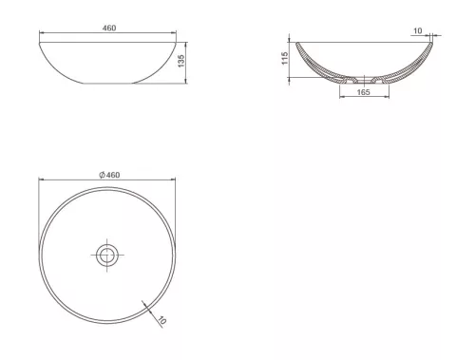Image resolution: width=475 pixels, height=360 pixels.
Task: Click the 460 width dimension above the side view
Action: (x=108, y=28)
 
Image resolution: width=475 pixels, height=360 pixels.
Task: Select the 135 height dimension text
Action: (x=180, y=62)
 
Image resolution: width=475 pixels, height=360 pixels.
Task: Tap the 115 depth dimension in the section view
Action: (x=284, y=59)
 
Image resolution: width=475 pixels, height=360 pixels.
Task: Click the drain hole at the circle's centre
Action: (x=107, y=253)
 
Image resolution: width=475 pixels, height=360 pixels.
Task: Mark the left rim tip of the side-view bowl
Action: (x=40, y=41)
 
